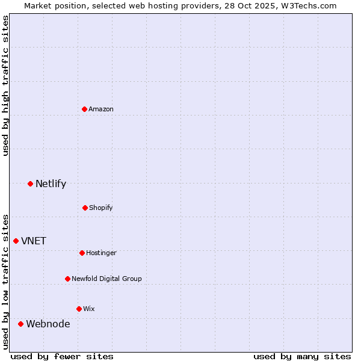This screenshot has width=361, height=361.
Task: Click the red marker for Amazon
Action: coord(85,109)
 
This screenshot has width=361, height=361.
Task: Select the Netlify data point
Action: coord(30,184)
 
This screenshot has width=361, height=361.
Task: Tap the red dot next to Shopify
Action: coord(85,208)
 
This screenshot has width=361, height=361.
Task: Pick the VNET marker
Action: coord(16,241)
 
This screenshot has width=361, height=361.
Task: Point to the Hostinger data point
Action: coord(82,253)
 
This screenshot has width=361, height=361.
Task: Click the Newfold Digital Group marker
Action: coord(67,279)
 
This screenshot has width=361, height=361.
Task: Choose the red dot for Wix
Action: coord(79,309)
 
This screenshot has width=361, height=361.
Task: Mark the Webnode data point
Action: coord(20,324)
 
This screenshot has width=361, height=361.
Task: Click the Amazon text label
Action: coord(101,109)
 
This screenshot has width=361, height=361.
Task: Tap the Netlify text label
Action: coord(51,184)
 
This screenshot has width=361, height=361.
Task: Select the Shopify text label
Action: coord(101,208)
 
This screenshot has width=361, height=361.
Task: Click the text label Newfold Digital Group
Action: coord(106,279)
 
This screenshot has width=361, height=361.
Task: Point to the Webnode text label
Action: coord(48,324)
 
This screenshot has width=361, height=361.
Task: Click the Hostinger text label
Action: coord(101,253)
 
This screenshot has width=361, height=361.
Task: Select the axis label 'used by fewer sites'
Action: coord(62,356)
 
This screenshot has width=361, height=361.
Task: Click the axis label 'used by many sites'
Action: coord(302,356)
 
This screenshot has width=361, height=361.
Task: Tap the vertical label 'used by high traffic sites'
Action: coord(5,85)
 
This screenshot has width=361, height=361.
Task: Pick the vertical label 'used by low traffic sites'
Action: coord(5,281)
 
